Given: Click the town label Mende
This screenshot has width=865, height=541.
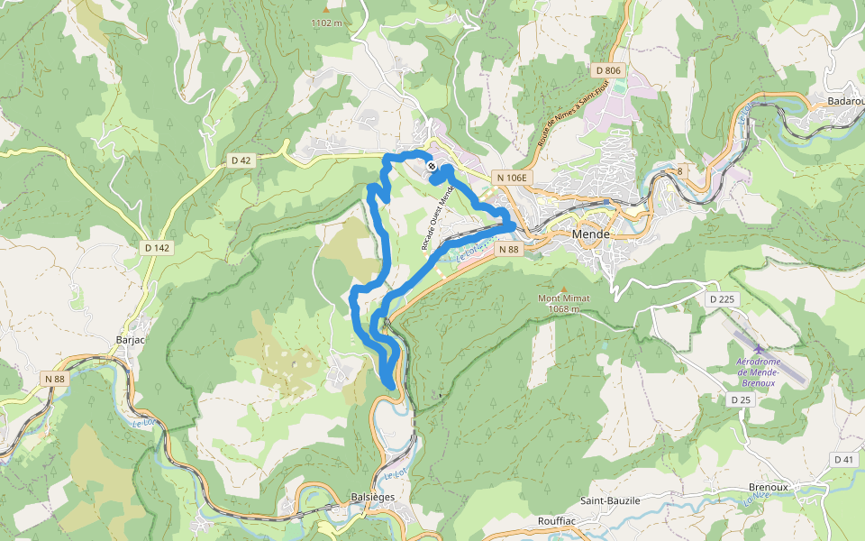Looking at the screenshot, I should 591,234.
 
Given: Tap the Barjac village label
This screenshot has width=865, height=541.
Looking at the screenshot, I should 131,340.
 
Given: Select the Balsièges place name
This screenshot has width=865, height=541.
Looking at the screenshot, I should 371,497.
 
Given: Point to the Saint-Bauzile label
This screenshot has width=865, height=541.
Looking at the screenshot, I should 609,500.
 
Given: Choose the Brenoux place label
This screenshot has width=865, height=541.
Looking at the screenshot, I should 768,487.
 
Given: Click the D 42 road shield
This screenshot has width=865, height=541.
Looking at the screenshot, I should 241,160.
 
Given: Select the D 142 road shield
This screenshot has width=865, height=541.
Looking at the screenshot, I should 157,247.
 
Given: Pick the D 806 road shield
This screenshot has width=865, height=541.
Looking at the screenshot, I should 608,70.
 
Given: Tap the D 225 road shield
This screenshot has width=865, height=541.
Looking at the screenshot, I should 722,298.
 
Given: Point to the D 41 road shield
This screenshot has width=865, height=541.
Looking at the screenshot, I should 844,460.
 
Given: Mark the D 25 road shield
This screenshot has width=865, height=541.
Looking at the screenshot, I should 741,399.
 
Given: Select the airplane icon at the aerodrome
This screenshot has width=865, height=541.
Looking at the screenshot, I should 758,350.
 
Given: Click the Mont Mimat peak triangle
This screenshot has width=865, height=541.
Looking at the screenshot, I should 564,289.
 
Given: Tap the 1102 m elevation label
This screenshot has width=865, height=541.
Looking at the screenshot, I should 326,23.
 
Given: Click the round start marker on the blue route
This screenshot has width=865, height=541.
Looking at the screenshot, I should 432,166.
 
